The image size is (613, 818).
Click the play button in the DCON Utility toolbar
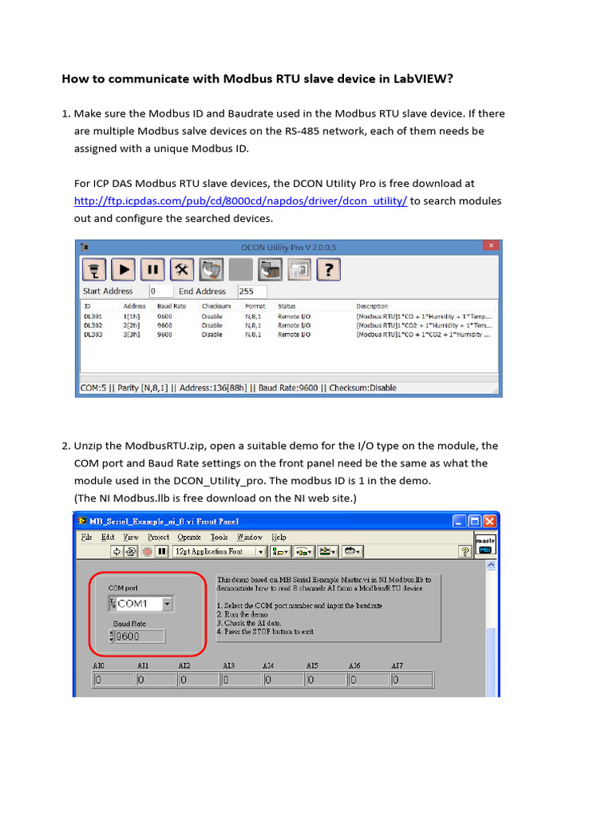coord(123,269)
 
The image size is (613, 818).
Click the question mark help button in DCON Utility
coord(330,269)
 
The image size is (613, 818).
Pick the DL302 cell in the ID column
coord(93,325)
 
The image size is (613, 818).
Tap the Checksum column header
coord(216,306)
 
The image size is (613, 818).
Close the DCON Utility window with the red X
coord(492,246)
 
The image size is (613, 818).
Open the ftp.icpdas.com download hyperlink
coord(240,201)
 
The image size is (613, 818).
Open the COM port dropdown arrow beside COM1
coord(167,604)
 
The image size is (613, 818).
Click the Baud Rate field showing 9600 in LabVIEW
coord(140,637)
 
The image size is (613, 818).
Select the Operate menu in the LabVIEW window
coord(189,538)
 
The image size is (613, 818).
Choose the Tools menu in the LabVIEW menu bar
coord(219,538)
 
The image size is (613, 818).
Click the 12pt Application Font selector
coord(217,551)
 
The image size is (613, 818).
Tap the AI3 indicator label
coord(228,665)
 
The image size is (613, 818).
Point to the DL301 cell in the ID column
coord(93,316)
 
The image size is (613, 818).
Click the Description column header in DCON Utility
coord(372,306)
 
